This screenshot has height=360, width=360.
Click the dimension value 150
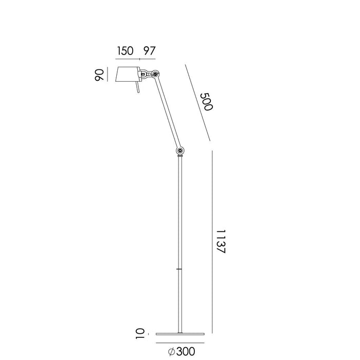pos(125,50)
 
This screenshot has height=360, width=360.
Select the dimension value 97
pos(149,50)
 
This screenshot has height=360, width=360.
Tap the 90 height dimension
pos(100,75)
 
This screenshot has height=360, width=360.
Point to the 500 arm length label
pos(206,102)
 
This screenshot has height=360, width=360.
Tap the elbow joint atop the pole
pos(179,151)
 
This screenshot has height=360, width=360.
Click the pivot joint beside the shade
pos(153,75)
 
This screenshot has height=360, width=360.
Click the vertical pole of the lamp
pos(179,231)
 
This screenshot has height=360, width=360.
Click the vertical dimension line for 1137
pos(211,242)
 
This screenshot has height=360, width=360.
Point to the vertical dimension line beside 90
pos(109,75)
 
